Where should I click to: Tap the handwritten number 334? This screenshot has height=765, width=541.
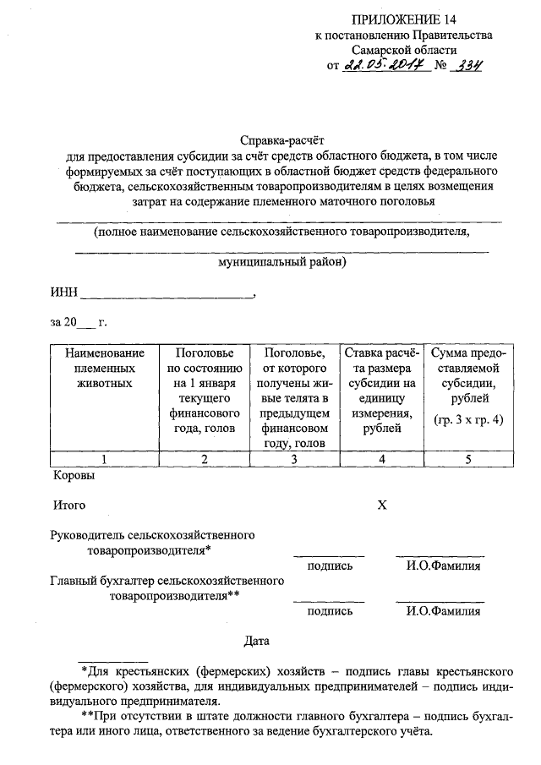tap(466, 67)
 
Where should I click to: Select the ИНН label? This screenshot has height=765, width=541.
tap(63, 292)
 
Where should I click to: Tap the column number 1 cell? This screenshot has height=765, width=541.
tap(103, 459)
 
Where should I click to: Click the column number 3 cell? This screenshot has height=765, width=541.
tap(293, 459)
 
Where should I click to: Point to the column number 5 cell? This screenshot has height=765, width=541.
tap(467, 459)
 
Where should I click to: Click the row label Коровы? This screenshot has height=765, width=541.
tap(74, 475)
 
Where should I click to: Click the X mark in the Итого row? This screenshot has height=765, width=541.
tap(381, 505)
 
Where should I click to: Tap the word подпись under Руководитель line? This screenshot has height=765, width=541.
tap(330, 566)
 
